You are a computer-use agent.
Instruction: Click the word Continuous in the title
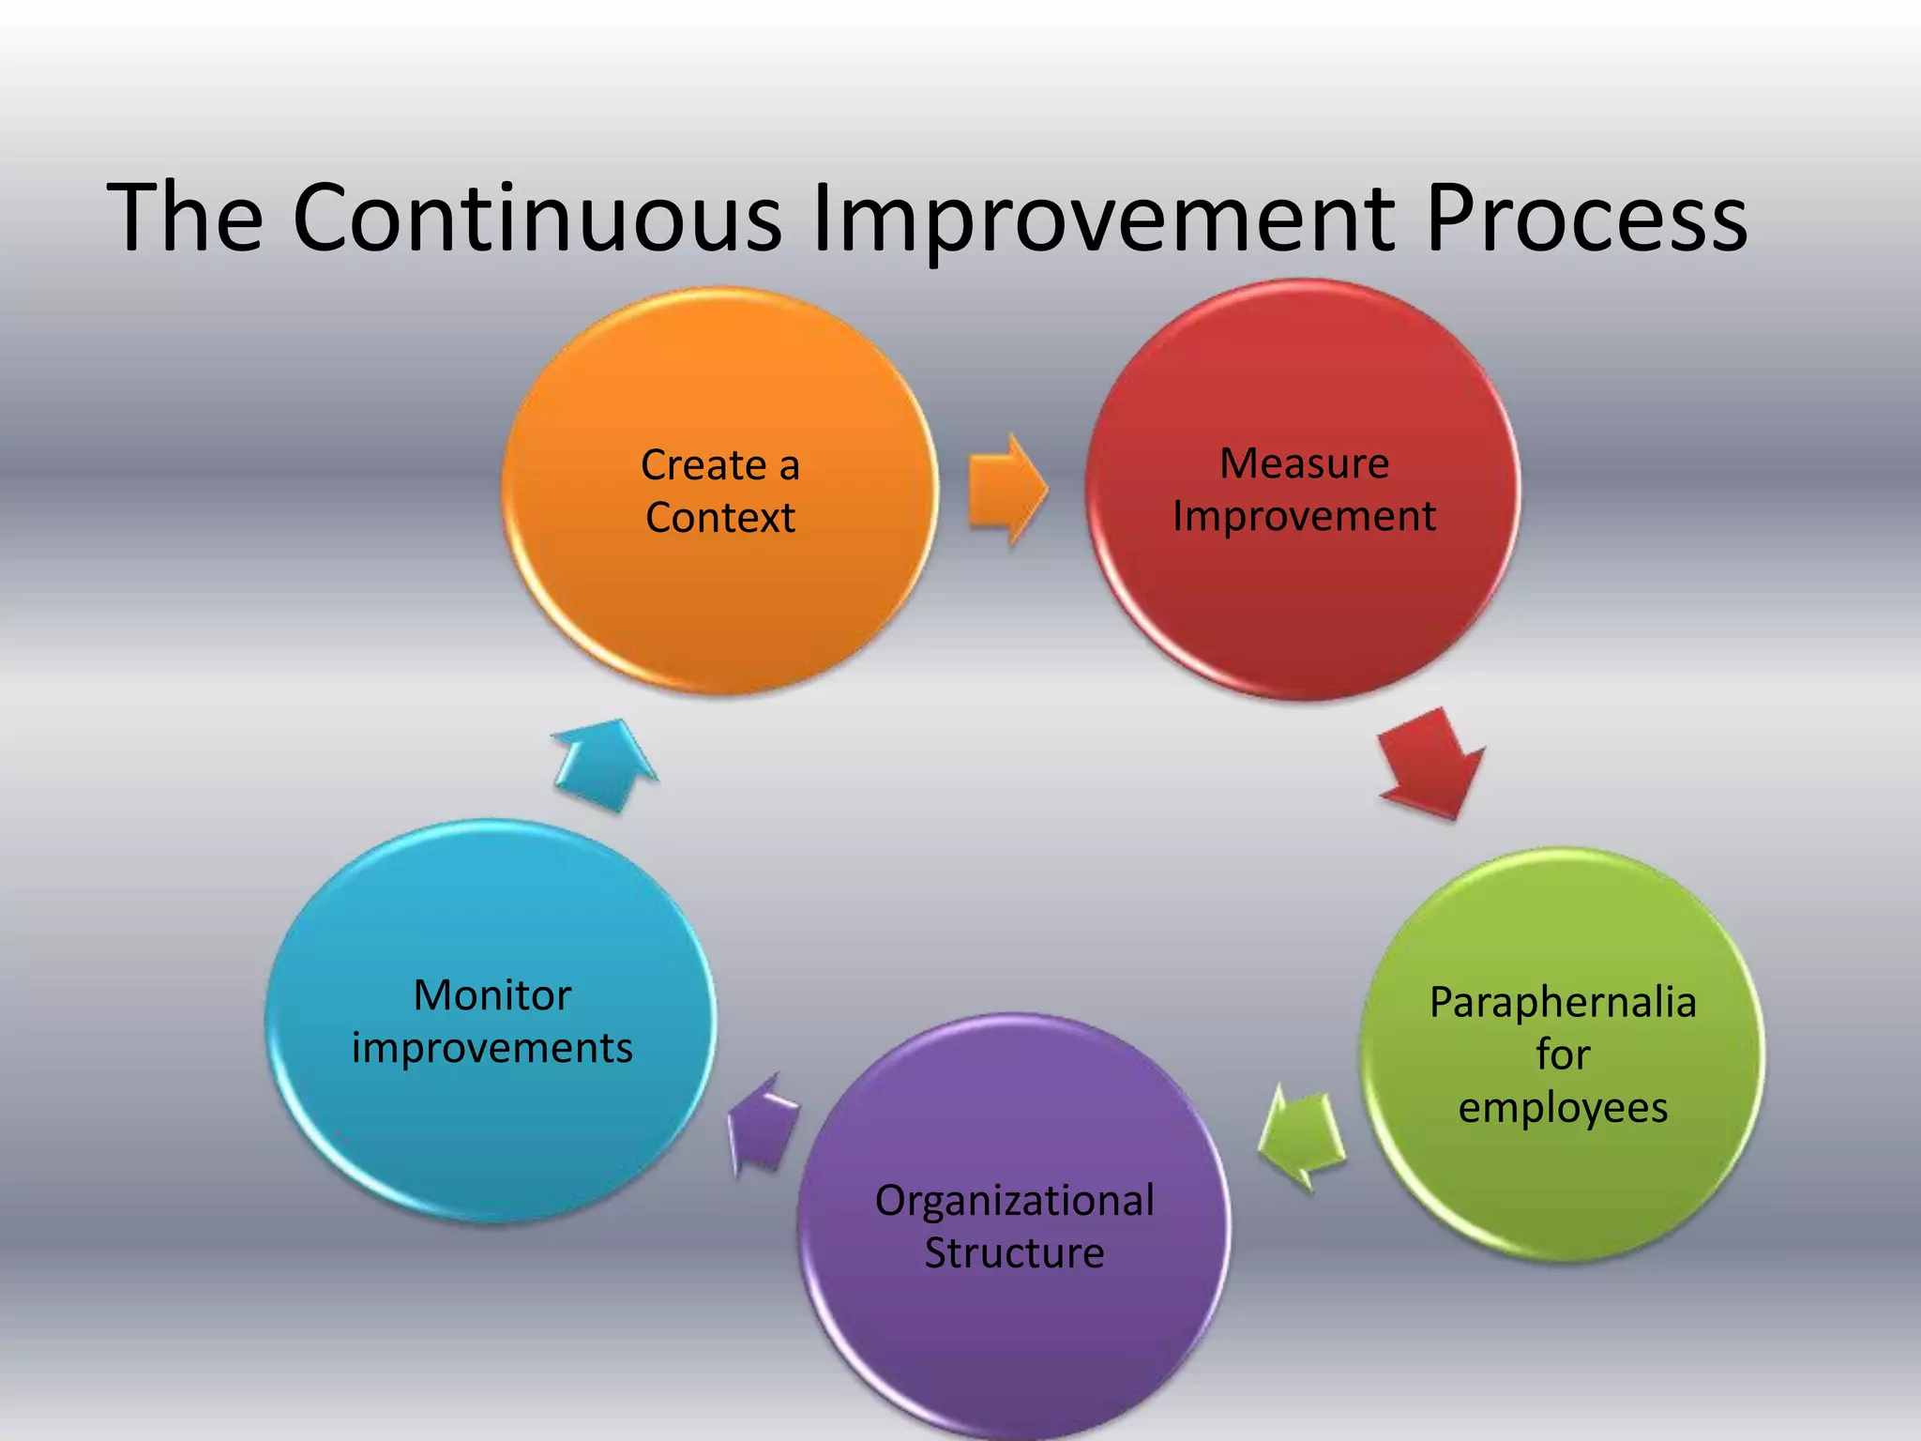coord(537,218)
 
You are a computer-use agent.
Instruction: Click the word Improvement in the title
coord(1103,218)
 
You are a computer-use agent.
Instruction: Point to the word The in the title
coord(186,218)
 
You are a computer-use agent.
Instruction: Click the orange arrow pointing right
coord(1006,489)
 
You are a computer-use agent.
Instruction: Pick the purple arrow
coord(764,1124)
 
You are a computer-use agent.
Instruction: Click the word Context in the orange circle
coord(720,518)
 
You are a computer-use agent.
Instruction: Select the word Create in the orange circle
coord(703,465)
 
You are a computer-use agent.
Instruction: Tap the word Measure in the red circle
coord(1304,463)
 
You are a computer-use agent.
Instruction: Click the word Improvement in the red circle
coord(1304,517)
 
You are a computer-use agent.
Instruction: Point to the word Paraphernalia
coord(1563,1003)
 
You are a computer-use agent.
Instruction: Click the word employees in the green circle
coord(1563,1108)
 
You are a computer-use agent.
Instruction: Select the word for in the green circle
coord(1563,1055)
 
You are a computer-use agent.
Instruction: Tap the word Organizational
coord(1014,1201)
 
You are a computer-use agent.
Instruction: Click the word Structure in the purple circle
coord(1014,1253)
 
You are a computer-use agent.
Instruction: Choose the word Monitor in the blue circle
coord(492,995)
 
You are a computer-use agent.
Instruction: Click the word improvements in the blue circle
coord(492,1048)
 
